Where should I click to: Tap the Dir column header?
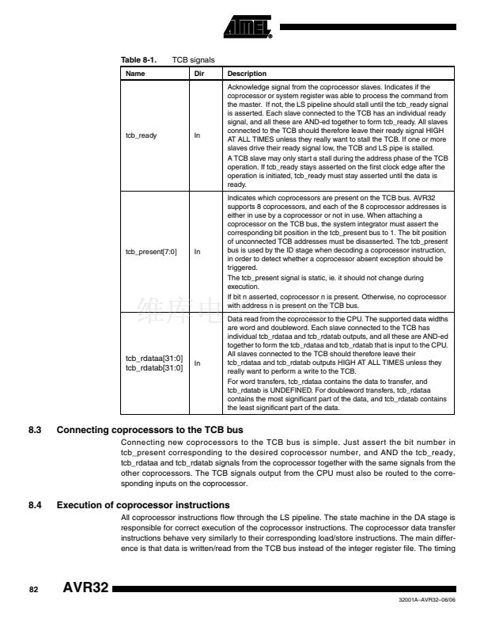click(199, 72)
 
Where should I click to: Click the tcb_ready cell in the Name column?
click(141, 135)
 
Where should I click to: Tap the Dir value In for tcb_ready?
click(199, 135)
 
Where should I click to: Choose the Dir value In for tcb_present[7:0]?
click(199, 252)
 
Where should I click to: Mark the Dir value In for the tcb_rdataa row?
click(199, 363)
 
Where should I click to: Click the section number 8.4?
click(35, 504)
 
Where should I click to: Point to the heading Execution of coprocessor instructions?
click(143, 504)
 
